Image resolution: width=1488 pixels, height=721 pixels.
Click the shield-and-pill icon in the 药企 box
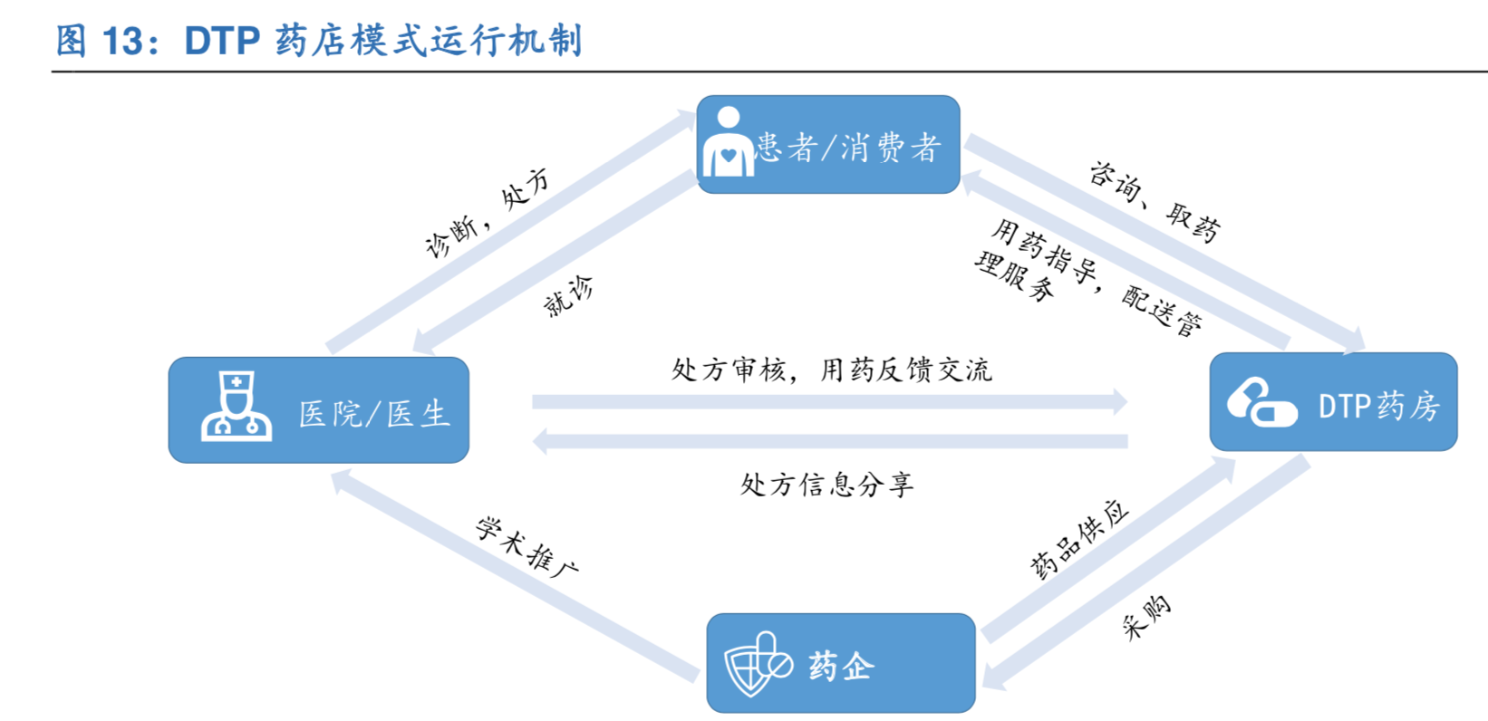[756, 664]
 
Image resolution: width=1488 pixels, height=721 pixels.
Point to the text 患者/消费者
[848, 147]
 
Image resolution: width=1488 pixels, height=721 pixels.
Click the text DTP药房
[1378, 406]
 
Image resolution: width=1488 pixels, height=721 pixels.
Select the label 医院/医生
[374, 414]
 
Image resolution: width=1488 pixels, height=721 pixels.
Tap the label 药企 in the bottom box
[841, 666]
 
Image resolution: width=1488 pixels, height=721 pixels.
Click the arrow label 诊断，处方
[487, 214]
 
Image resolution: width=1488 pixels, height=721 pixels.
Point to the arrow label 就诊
[568, 297]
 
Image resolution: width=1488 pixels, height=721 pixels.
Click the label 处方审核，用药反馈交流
[831, 370]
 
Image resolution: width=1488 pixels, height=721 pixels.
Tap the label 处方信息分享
[826, 485]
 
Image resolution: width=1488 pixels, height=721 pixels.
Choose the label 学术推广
[527, 547]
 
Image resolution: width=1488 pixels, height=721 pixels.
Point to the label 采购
[1146, 617]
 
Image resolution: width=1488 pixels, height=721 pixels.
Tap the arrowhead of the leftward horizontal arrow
[540, 442]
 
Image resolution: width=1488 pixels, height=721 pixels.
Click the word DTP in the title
[222, 41]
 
